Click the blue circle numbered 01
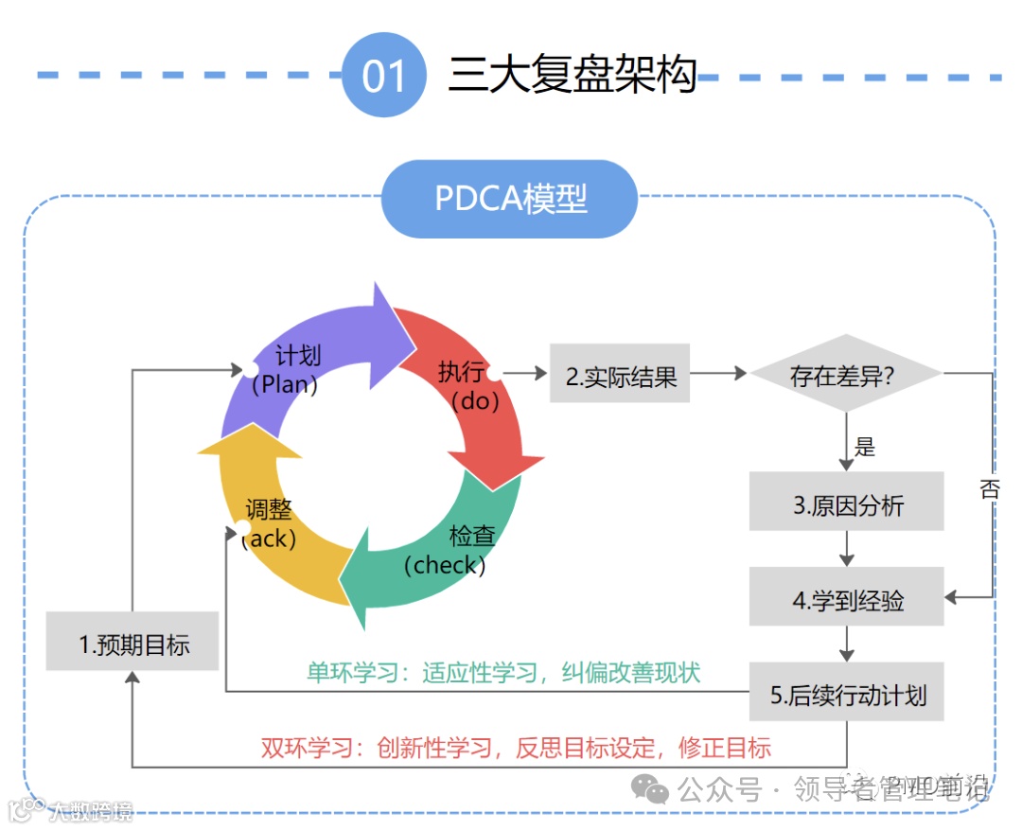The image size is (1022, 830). (x=383, y=75)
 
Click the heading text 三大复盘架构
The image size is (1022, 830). (x=572, y=74)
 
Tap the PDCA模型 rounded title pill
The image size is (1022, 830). (x=510, y=199)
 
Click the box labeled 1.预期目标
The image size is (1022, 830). (x=132, y=645)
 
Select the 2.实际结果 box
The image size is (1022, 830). (x=621, y=376)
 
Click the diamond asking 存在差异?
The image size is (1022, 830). (x=845, y=375)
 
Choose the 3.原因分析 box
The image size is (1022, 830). (x=847, y=503)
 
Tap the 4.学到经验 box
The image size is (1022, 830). (x=847, y=599)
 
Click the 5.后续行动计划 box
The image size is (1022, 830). (x=847, y=696)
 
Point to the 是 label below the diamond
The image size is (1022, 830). (x=865, y=446)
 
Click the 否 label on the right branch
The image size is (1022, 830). (x=988, y=489)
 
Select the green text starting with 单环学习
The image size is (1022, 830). (x=502, y=672)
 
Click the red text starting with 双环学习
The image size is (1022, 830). (x=516, y=748)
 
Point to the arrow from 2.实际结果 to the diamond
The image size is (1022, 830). (x=719, y=374)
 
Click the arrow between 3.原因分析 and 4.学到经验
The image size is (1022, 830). (x=847, y=549)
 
